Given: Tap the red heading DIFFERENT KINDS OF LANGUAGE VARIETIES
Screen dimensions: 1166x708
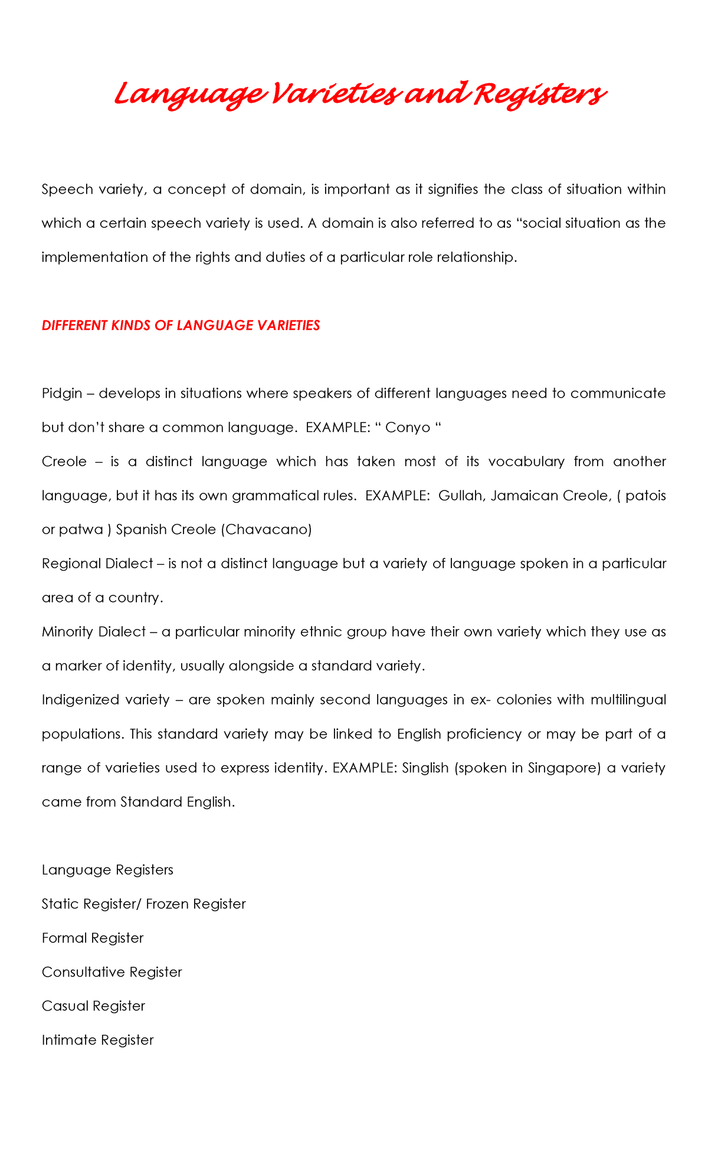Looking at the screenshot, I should click(x=181, y=326).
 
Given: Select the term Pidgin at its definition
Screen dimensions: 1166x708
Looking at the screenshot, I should click(x=62, y=394).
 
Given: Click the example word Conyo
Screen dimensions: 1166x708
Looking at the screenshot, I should click(x=408, y=428).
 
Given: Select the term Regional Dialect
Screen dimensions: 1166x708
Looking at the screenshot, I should click(x=97, y=564).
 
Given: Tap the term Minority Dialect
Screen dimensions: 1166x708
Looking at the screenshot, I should click(x=93, y=632).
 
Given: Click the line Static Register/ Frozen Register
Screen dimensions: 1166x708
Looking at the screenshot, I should click(x=143, y=904).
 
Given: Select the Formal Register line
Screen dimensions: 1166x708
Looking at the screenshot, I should click(x=93, y=938).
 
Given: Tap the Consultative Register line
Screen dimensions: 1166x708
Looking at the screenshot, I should click(x=112, y=972).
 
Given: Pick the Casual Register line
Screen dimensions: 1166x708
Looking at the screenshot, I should click(x=93, y=1006).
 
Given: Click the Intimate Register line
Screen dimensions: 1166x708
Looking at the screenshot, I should click(x=97, y=1040).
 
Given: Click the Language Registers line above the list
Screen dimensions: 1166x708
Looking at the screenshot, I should click(x=107, y=870).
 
